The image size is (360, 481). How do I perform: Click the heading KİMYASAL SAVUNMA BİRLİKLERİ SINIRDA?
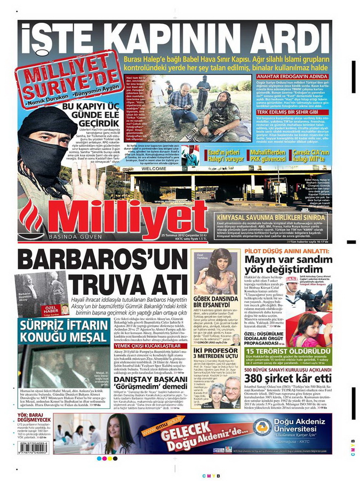point(271,218)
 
